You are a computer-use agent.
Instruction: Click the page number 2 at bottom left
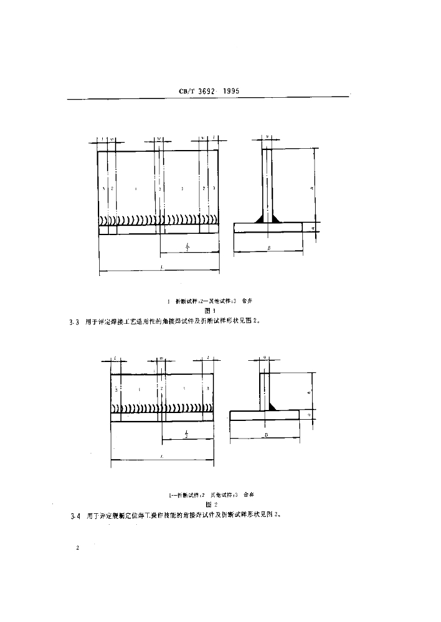(78, 549)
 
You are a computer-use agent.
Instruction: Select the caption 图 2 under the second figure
(210, 504)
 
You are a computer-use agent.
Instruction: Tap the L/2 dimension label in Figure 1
(187, 246)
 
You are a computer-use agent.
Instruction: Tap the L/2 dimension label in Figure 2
(187, 433)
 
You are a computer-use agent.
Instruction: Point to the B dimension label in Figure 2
(266, 435)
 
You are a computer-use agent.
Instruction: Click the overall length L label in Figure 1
(159, 268)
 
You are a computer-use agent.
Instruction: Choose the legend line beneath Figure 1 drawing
(209, 301)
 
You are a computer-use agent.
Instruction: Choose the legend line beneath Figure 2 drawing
(209, 494)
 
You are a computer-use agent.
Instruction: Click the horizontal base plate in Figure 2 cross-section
(265, 415)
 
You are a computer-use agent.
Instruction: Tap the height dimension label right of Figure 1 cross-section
(311, 188)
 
